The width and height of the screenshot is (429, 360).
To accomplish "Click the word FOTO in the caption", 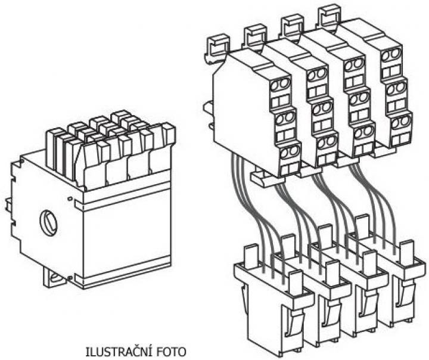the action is tap(171, 352).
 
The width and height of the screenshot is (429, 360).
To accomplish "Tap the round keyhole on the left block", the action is tap(48, 222).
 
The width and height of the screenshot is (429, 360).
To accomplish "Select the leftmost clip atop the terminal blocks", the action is tap(217, 48).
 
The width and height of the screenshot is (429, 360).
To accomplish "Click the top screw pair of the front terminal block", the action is tap(280, 84).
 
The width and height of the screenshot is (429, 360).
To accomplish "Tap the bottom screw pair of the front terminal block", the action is tap(290, 152).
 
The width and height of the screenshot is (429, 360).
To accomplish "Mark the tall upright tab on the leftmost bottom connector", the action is tap(251, 256).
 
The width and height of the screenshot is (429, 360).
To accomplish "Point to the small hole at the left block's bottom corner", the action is tap(70, 278).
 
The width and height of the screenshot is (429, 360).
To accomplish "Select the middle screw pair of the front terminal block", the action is tap(285, 118).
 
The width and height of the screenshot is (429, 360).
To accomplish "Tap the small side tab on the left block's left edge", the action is tap(8, 205).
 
